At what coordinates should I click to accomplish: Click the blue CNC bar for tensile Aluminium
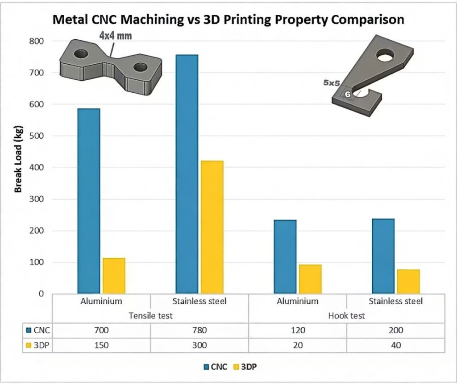88,201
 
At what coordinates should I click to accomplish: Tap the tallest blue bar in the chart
187,174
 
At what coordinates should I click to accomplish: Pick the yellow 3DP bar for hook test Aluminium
310,279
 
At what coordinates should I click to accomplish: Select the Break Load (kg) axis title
18,162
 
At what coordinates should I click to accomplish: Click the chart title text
228,20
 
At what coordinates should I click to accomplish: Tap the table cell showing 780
199,330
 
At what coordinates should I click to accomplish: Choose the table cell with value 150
101,345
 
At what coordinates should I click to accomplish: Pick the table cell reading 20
297,345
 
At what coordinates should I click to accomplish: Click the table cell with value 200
395,330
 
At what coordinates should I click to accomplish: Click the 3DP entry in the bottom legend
247,367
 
